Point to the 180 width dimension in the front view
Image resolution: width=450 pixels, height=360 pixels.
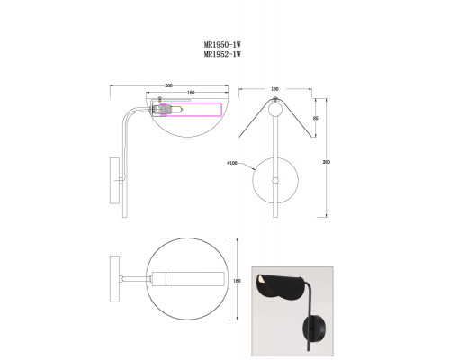(x=274, y=89)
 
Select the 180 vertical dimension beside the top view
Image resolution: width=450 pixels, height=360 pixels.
(x=238, y=279)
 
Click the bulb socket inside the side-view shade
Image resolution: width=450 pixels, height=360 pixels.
(x=162, y=110)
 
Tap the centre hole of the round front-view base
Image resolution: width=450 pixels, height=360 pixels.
(x=276, y=179)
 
